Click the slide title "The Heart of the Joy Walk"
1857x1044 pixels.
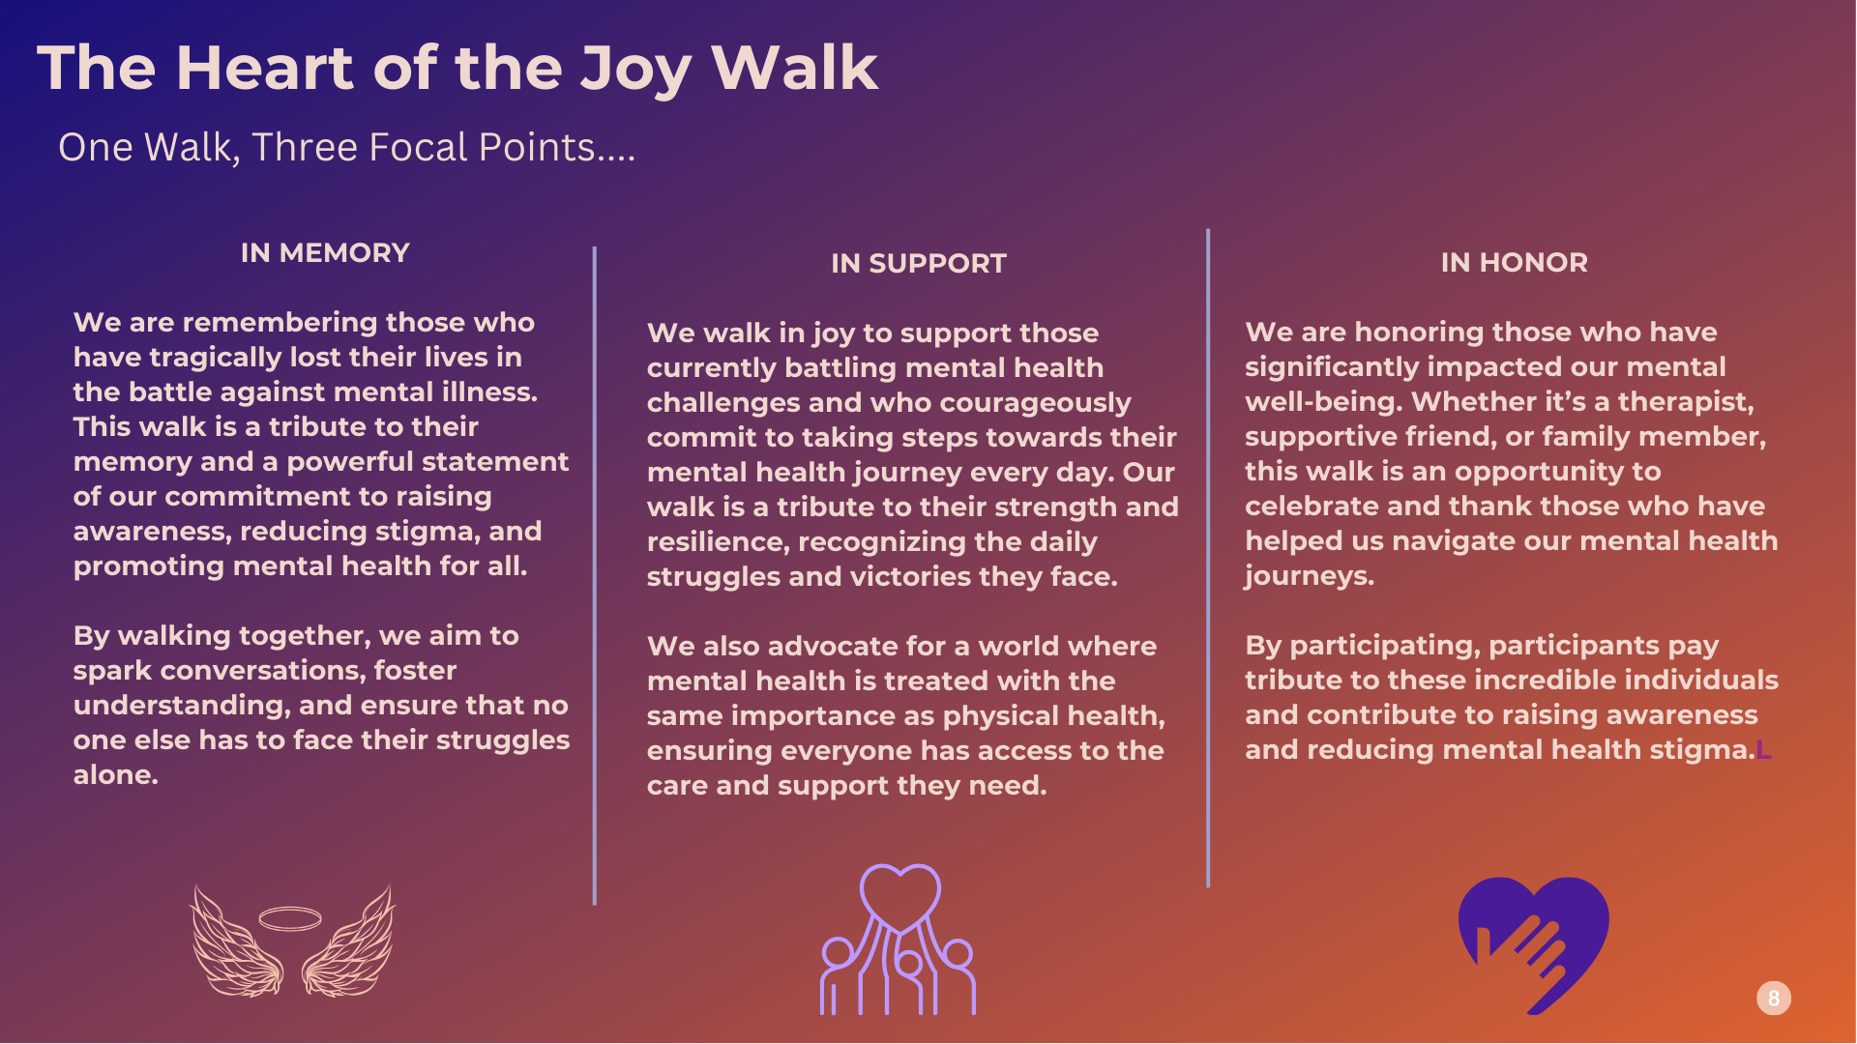(457, 70)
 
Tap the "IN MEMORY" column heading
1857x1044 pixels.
(325, 253)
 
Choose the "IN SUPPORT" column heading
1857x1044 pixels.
(919, 264)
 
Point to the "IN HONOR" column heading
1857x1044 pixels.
(1515, 263)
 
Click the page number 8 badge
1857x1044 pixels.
(1774, 999)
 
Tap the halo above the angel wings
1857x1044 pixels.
(290, 918)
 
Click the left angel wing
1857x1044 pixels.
(235, 942)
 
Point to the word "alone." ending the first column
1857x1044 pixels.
(116, 775)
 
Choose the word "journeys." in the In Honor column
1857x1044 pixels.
(1310, 577)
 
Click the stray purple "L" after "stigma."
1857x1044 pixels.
(1764, 750)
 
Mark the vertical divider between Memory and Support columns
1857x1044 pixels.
(595, 576)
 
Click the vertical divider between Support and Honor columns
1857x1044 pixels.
(1208, 558)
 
